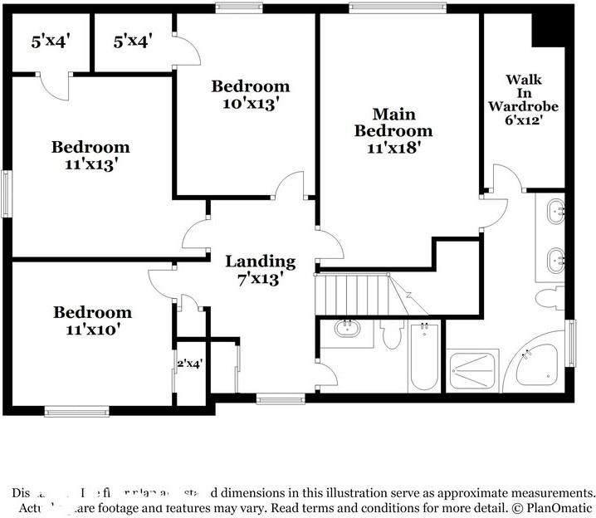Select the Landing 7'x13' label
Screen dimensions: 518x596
[x=261, y=270]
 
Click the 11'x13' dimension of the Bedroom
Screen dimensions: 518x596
[x=90, y=164]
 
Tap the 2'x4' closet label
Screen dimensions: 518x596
[x=189, y=363]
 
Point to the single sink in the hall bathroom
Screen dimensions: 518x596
[x=348, y=330]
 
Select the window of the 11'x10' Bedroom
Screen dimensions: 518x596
[x=76, y=410]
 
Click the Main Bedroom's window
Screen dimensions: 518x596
[x=398, y=8]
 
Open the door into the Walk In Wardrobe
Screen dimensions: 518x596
[x=501, y=178]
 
